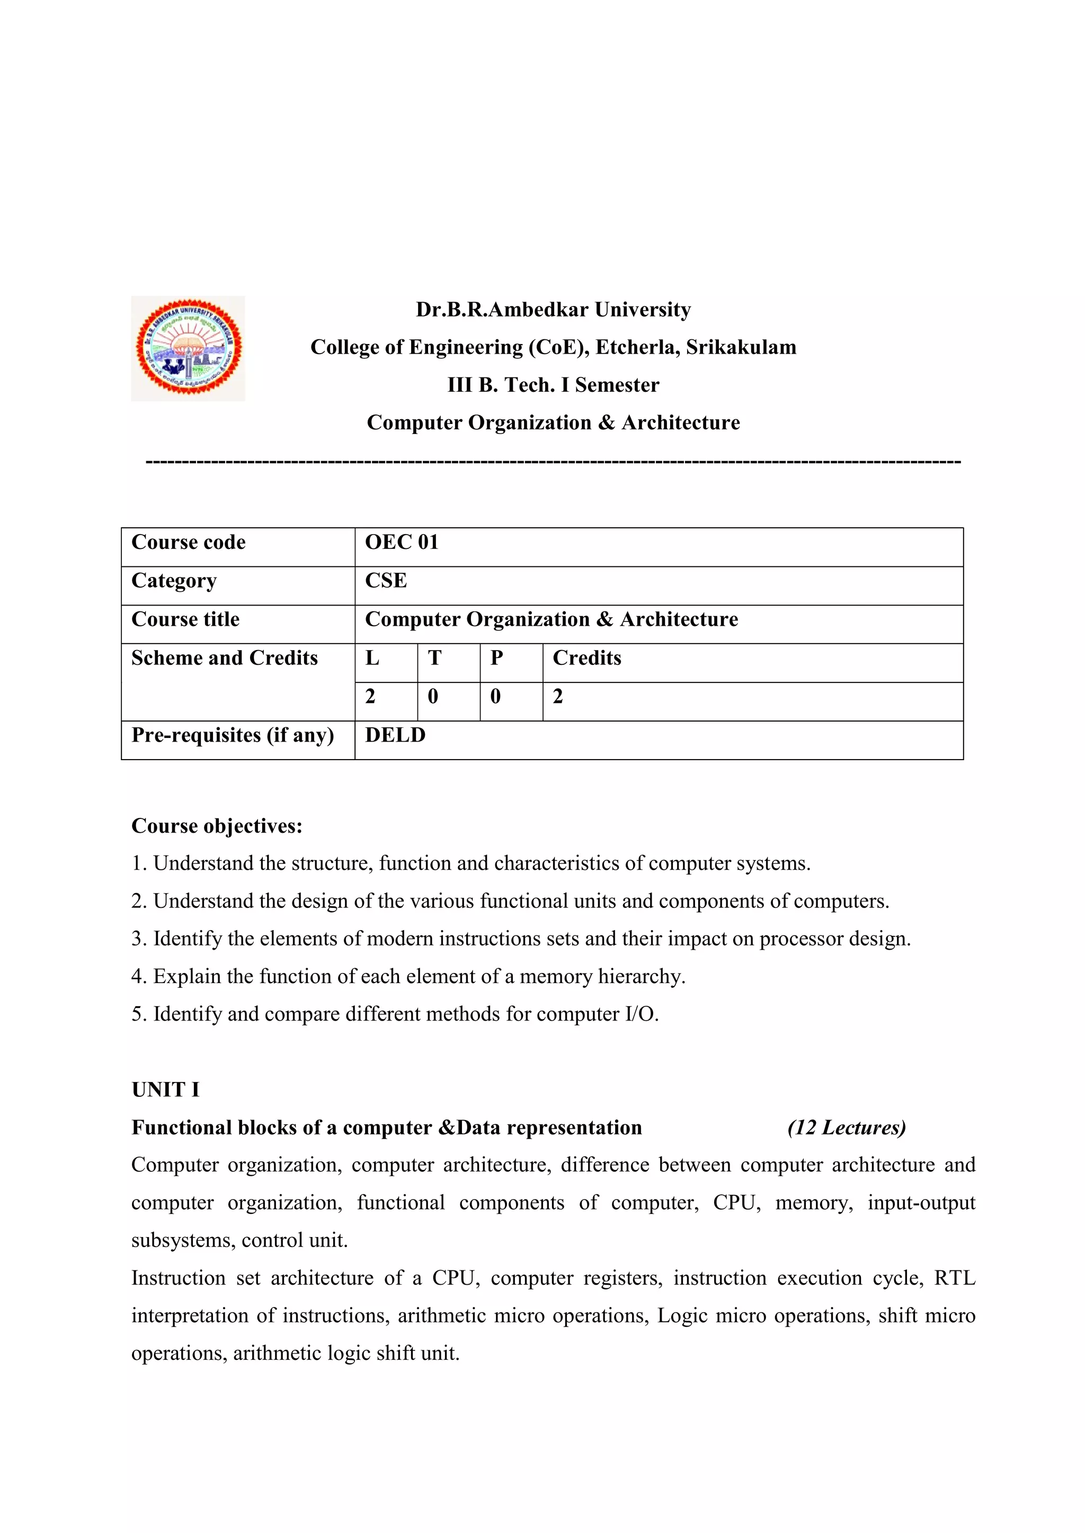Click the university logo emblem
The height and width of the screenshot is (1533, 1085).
189,348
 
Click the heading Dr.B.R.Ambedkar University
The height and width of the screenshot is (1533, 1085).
553,310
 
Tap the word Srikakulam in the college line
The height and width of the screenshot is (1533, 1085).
741,347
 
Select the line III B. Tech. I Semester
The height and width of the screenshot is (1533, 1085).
553,385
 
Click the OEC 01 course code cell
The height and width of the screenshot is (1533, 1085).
402,542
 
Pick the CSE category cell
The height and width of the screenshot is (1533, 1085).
386,581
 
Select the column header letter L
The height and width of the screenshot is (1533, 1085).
372,659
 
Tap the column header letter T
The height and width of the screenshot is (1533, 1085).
434,659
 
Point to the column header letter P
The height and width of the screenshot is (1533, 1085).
496,659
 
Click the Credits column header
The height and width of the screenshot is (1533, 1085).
586,659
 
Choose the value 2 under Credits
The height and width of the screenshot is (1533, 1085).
558,697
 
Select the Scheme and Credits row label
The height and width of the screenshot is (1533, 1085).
225,659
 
